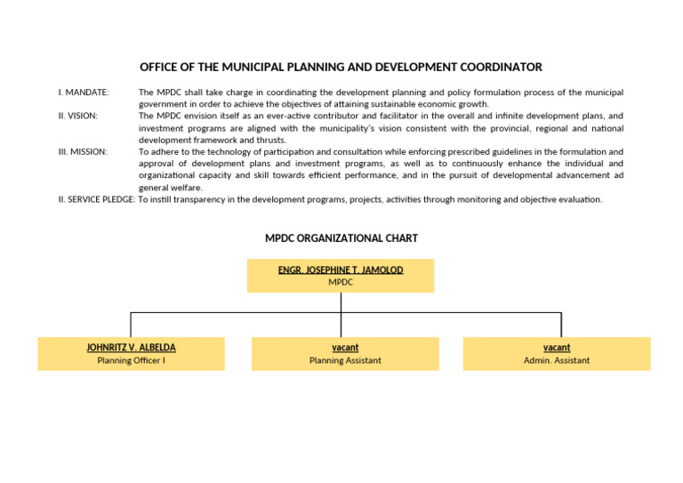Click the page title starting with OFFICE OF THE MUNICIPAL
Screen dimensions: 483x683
click(341, 68)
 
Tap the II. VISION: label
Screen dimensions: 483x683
click(78, 117)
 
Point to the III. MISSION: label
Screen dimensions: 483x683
click(83, 152)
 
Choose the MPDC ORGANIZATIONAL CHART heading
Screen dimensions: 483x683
click(341, 238)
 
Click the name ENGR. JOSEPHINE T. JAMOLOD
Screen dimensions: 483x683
click(341, 270)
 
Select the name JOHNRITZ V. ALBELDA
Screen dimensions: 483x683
click(131, 348)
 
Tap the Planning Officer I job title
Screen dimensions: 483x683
click(131, 360)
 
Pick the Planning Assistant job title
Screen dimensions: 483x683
click(345, 360)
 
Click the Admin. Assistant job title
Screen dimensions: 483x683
click(557, 360)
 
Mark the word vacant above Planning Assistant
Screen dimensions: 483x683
click(345, 348)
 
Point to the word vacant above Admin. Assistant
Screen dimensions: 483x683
click(557, 348)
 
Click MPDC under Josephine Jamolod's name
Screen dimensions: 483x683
click(341, 282)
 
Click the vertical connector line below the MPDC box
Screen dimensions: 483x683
click(341, 302)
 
